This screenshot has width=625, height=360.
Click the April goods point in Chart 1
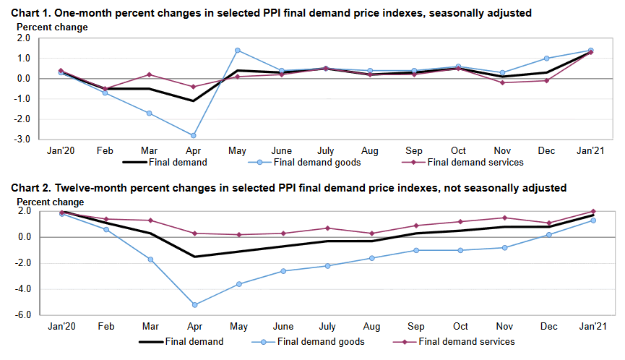point(193,135)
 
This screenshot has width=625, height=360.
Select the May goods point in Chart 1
point(237,51)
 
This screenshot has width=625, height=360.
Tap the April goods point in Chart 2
point(193,304)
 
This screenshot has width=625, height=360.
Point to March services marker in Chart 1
point(149,74)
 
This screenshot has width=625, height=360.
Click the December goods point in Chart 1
point(546,59)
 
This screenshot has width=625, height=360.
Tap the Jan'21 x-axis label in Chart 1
point(590,151)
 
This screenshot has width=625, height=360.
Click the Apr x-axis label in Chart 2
point(193,327)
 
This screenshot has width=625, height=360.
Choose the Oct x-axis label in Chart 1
point(458,151)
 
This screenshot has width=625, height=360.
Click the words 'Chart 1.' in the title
point(31,12)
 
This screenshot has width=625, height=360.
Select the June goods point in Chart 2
point(282,271)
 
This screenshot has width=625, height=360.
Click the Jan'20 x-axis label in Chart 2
point(61,327)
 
